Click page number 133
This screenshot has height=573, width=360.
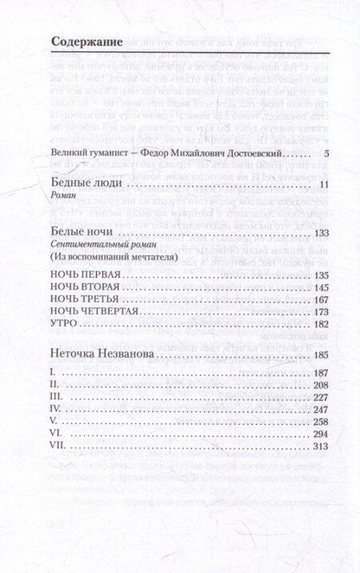click(320, 234)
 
